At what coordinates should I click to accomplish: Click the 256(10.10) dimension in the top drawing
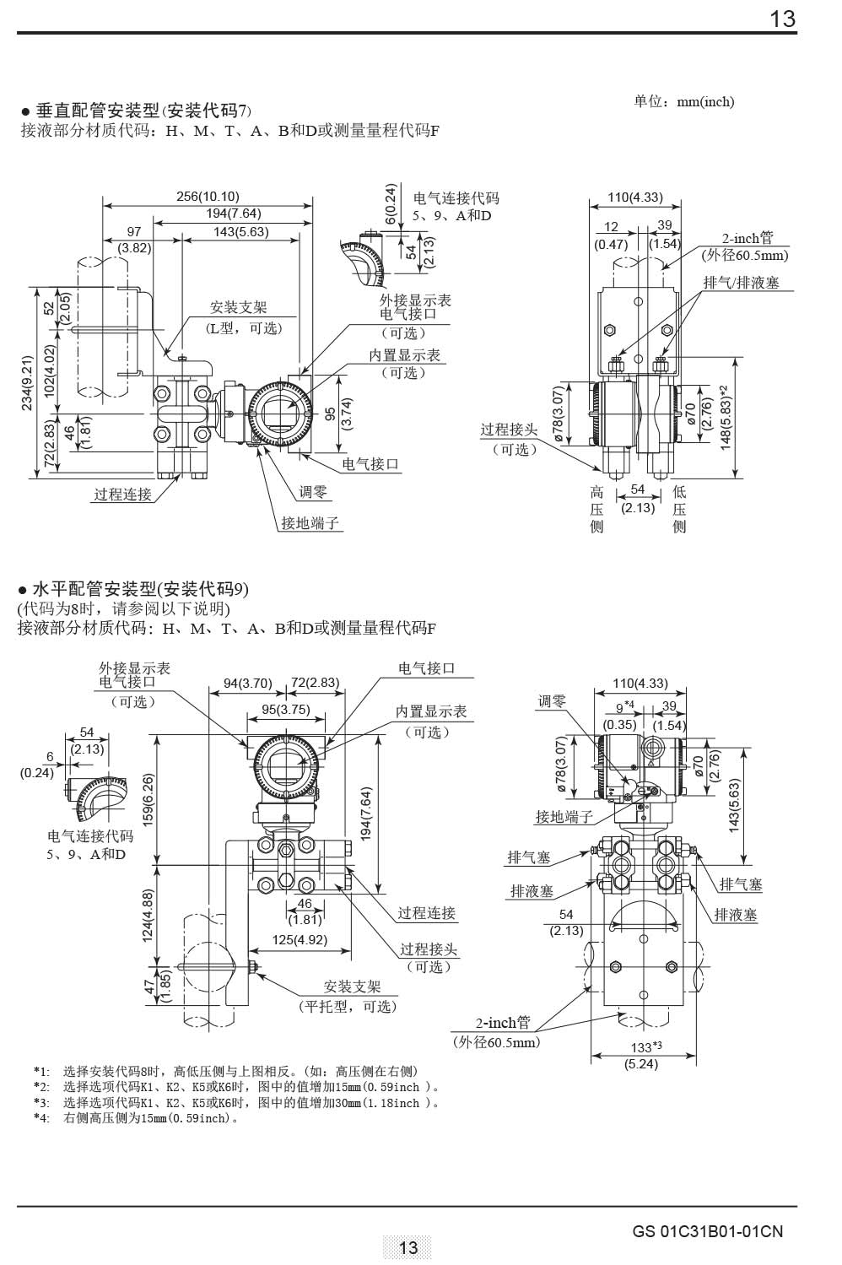[208, 197]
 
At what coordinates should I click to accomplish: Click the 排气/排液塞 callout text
[742, 283]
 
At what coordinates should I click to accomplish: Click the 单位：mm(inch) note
[684, 101]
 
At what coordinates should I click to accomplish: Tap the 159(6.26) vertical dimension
[148, 800]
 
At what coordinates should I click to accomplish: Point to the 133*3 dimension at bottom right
[641, 1047]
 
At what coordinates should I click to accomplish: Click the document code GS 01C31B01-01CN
[707, 1231]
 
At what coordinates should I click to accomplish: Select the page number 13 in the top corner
[782, 19]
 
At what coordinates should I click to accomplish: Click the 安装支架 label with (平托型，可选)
[353, 987]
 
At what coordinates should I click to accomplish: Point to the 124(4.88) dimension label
[148, 916]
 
